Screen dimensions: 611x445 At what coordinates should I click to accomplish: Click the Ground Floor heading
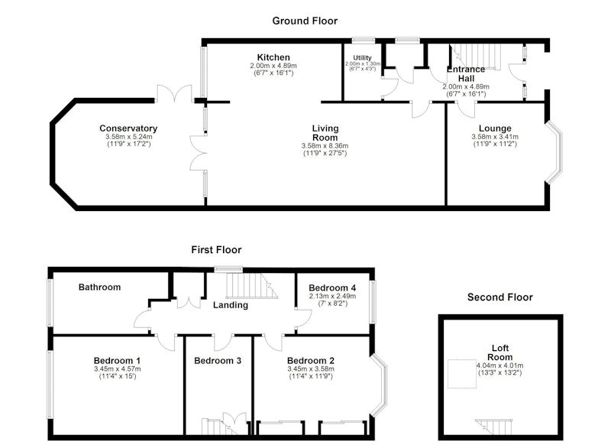(x=305, y=21)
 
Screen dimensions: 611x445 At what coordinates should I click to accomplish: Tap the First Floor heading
(x=216, y=249)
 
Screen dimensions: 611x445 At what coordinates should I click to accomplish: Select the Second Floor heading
(x=500, y=297)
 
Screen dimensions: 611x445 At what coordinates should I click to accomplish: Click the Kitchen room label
(x=273, y=57)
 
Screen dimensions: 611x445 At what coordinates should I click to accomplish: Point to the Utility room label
(x=362, y=57)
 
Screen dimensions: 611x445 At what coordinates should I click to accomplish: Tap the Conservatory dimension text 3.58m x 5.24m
(x=128, y=137)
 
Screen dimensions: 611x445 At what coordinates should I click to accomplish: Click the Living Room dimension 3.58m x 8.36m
(x=325, y=146)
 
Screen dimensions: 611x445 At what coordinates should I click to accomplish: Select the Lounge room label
(x=495, y=128)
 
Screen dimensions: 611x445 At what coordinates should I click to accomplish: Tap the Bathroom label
(x=100, y=287)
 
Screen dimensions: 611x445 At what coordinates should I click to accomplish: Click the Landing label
(x=231, y=305)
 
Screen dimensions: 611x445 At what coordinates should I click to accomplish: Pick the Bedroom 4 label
(x=332, y=287)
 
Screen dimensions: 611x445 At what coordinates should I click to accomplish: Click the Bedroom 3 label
(x=218, y=361)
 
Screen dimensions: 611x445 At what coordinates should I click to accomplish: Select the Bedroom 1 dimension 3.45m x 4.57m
(x=118, y=369)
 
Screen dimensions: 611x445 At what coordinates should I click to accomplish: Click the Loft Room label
(x=500, y=352)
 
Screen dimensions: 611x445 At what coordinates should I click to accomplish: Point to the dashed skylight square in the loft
(x=462, y=374)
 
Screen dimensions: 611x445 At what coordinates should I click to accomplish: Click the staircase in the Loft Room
(x=494, y=427)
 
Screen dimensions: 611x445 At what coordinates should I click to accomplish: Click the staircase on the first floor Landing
(x=252, y=285)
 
